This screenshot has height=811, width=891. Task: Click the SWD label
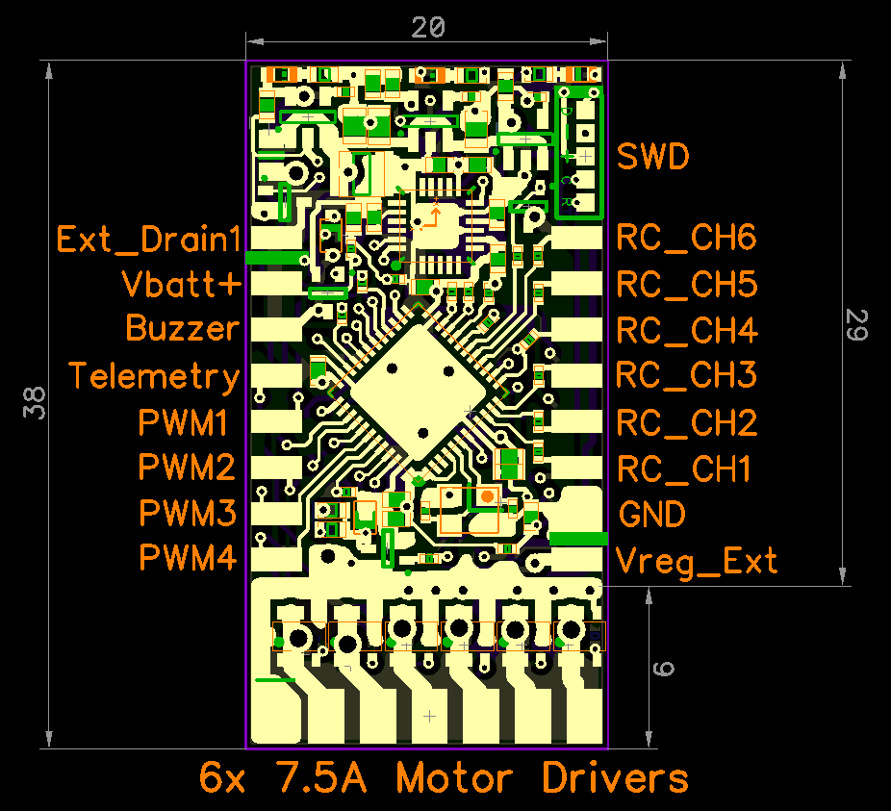[653, 156]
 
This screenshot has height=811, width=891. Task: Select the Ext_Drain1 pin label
[149, 240]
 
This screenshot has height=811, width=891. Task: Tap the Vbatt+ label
[182, 284]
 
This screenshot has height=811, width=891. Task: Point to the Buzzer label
[183, 328]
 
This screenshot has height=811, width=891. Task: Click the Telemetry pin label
[154, 377]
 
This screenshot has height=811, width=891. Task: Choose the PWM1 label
[183, 422]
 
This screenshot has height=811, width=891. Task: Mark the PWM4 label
[188, 557]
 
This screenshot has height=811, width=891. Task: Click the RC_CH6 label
[686, 238]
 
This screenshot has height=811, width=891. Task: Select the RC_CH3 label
[686, 375]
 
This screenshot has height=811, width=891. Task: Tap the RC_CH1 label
[683, 469]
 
